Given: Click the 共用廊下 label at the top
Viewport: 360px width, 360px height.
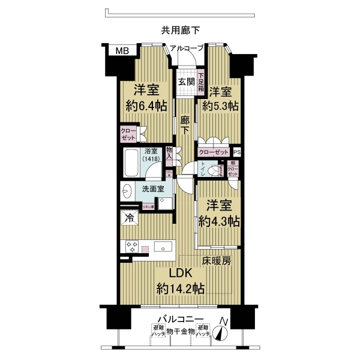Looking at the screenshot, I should [x=180, y=29].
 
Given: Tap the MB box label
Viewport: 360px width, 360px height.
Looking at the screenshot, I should [x=122, y=51].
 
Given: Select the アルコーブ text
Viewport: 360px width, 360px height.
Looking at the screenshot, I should [x=187, y=48].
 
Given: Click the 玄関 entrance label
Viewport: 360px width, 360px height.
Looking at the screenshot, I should [x=185, y=83].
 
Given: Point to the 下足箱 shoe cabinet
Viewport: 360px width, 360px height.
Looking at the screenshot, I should [x=201, y=82].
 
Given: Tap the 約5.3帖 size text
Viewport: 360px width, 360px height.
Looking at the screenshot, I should [x=220, y=106].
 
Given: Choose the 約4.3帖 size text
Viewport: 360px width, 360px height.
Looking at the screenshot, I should [x=219, y=221].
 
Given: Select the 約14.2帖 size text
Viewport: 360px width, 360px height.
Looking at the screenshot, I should [x=180, y=289].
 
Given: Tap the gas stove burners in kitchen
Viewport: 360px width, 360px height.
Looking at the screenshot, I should [x=131, y=247].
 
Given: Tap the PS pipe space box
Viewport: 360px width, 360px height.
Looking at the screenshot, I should [x=237, y=153].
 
